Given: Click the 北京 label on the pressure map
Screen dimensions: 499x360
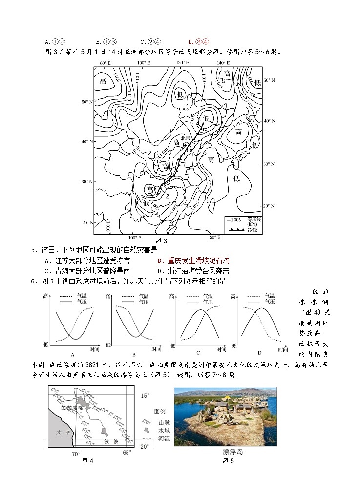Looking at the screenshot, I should pyautogui.click(x=185, y=138).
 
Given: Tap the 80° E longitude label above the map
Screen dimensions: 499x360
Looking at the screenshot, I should pyautogui.click(x=106, y=63).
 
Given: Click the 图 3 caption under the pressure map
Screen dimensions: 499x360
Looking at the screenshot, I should pyautogui.click(x=161, y=241).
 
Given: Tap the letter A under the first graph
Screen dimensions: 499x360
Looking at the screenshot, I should pyautogui.click(x=72, y=354).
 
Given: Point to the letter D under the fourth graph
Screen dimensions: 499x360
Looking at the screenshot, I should pyautogui.click(x=260, y=353).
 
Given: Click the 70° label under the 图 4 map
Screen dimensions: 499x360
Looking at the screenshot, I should pyautogui.click(x=76, y=454).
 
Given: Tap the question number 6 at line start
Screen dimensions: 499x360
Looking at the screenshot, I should pyautogui.click(x=33, y=281).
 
